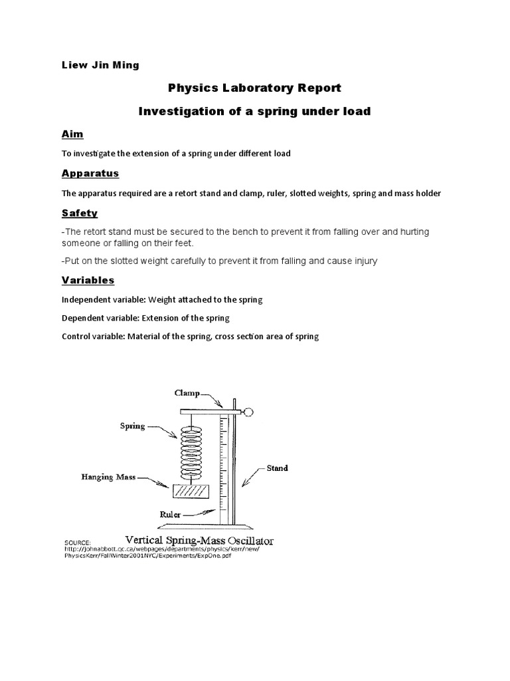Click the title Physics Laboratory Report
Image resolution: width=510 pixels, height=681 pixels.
[254, 88]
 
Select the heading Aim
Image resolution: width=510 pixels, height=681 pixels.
[72, 134]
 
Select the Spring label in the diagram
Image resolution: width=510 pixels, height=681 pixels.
[133, 426]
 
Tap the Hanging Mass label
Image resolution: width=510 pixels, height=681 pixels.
[109, 477]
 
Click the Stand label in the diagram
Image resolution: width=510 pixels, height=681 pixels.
[278, 468]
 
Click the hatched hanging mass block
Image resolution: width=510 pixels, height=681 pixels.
[191, 491]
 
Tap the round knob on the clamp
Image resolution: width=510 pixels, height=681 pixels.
[248, 412]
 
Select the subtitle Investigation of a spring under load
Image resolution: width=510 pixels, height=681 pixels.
[254, 111]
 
